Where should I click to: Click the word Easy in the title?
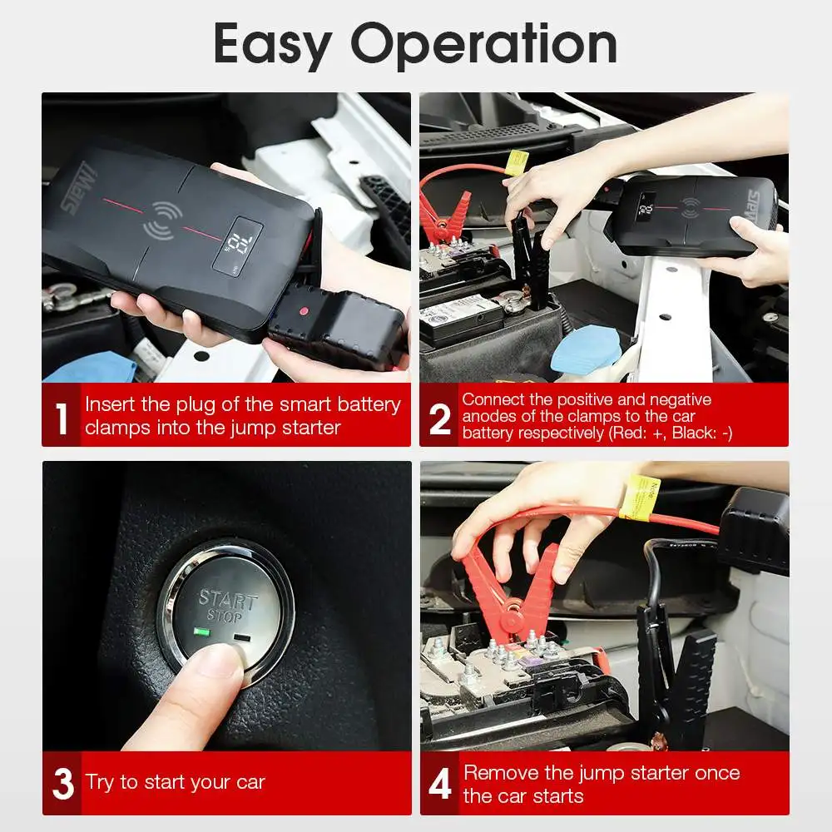273,46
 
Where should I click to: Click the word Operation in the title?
484,46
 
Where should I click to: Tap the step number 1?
62,418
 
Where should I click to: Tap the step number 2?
440,418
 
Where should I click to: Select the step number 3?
63,783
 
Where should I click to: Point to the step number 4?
440,783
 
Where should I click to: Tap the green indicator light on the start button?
201,631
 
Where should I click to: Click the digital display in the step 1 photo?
237,245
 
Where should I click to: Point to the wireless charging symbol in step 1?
163,220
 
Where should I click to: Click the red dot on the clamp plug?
304,311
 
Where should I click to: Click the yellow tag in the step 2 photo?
517,162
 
